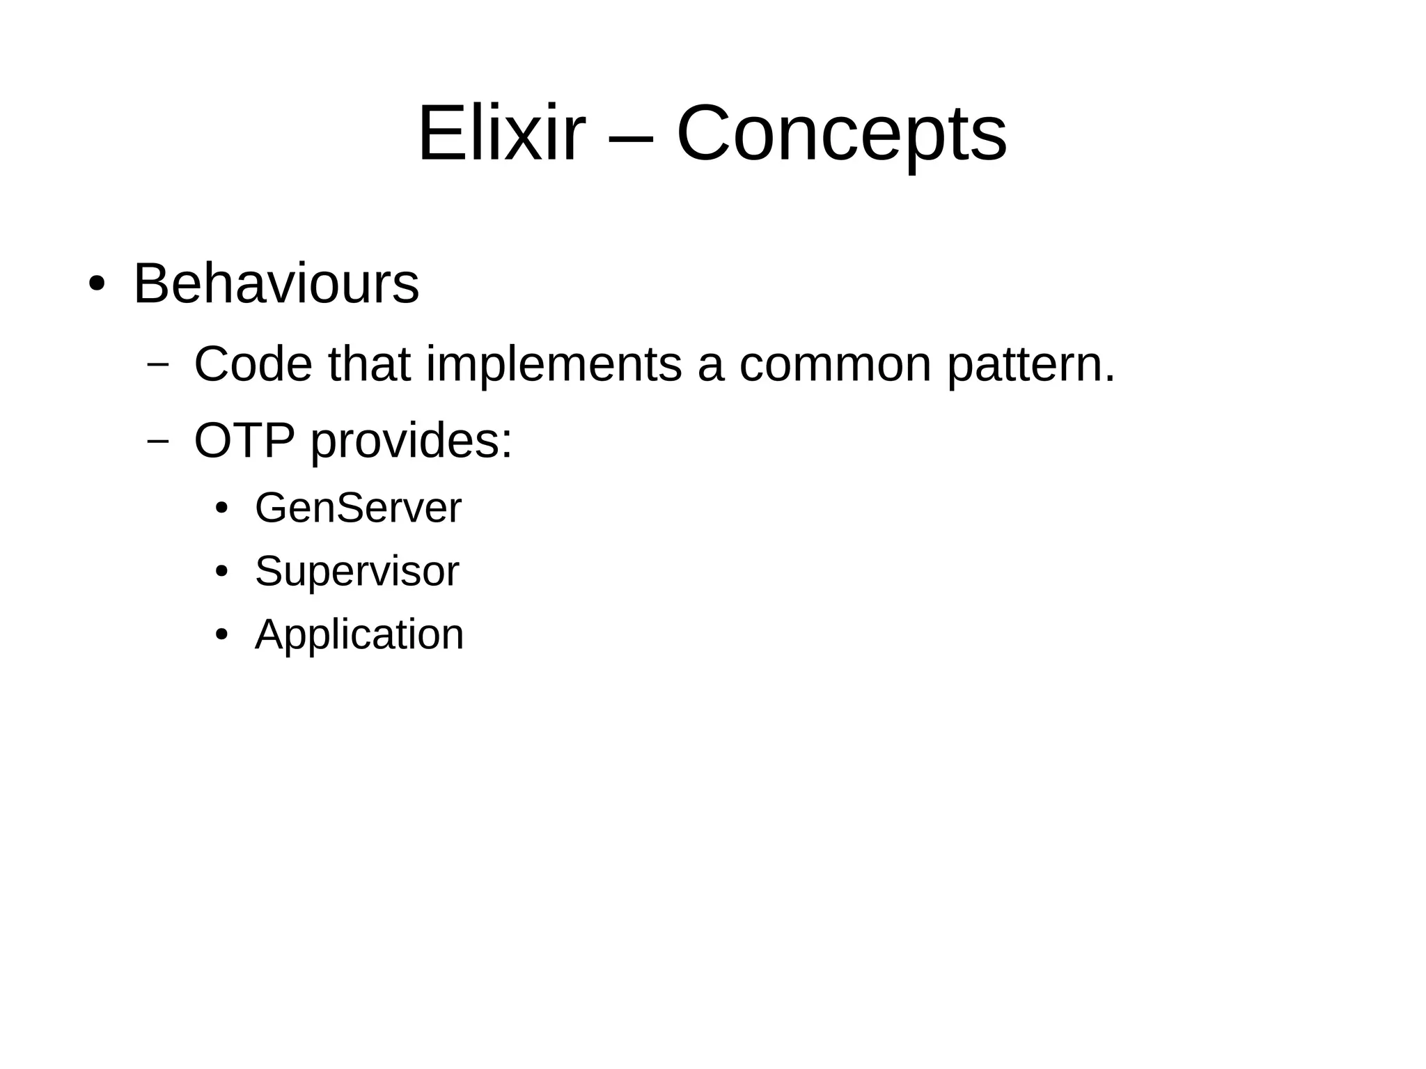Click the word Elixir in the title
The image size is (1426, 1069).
pyautogui.click(x=501, y=132)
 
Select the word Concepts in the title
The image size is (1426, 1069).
pyautogui.click(x=841, y=134)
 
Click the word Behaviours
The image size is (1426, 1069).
pyautogui.click(x=276, y=283)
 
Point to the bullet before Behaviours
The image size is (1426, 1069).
pyautogui.click(x=97, y=285)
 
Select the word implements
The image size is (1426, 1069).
pyautogui.click(x=554, y=365)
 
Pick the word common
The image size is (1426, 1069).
pyautogui.click(x=835, y=365)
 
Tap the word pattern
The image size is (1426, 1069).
pyautogui.click(x=1030, y=365)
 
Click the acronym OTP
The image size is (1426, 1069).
pyautogui.click(x=244, y=440)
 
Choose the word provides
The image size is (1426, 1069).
pyautogui.click(x=411, y=442)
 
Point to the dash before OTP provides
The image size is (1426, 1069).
pyautogui.click(x=159, y=440)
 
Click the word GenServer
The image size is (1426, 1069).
pyautogui.click(x=358, y=508)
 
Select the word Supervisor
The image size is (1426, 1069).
pyautogui.click(x=356, y=572)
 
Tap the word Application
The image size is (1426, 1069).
pyautogui.click(x=359, y=635)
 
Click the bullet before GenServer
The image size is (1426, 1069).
pyautogui.click(x=221, y=508)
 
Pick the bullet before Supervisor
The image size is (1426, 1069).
pyautogui.click(x=221, y=572)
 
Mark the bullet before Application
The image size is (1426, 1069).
pyautogui.click(x=221, y=635)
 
